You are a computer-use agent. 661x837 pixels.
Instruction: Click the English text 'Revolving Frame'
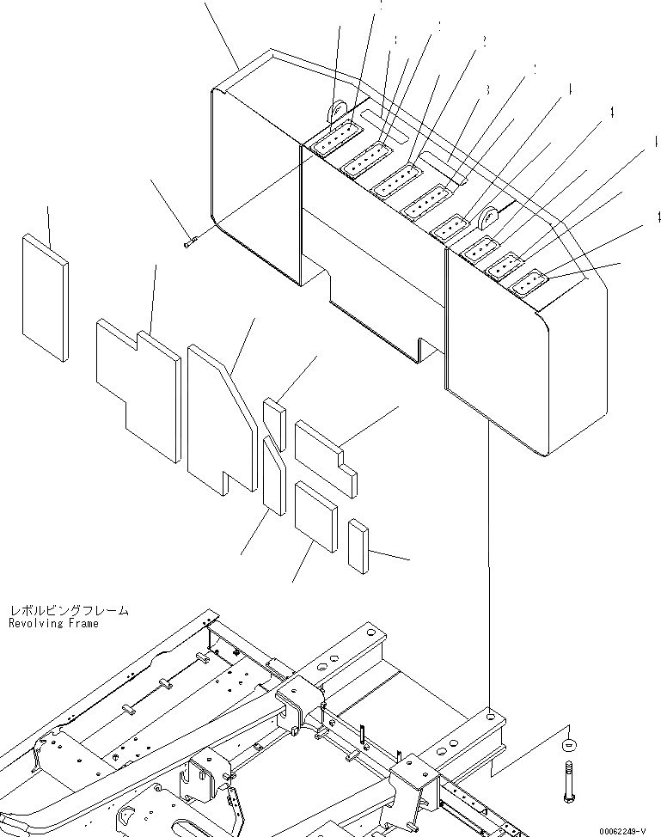53,623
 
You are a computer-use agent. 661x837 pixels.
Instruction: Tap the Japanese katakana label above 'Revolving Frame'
69,610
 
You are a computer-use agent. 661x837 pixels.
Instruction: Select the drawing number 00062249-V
622,831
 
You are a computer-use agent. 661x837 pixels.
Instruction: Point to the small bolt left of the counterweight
191,243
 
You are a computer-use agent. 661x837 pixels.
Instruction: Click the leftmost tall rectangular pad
45,296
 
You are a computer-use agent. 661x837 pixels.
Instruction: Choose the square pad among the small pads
315,516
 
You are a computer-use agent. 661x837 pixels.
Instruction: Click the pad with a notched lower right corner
325,456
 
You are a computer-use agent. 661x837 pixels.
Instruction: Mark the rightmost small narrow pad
358,544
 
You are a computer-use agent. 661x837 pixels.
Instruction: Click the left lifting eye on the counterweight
337,114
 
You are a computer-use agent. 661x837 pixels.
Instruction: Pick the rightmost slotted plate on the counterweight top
527,283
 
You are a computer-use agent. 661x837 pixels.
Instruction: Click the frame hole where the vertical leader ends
488,712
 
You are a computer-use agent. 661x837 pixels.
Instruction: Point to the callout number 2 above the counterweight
485,41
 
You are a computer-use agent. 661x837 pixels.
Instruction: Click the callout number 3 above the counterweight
487,89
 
